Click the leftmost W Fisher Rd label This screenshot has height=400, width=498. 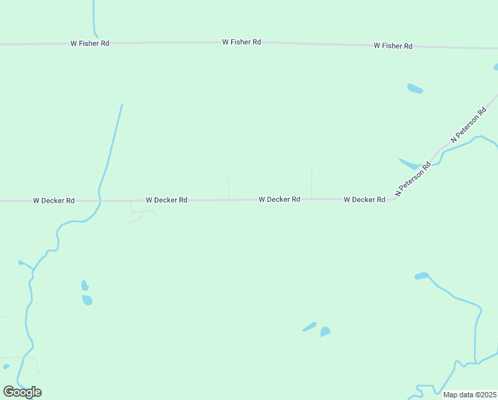pyautogui.click(x=90, y=43)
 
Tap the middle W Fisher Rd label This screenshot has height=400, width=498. pyautogui.click(x=241, y=42)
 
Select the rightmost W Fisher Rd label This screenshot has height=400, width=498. pyautogui.click(x=393, y=46)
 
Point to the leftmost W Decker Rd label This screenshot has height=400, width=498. pyautogui.click(x=53, y=200)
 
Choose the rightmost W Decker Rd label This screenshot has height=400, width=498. pyautogui.click(x=364, y=199)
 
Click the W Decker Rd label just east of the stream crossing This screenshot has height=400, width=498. pyautogui.click(x=166, y=199)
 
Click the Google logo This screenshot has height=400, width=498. pyautogui.click(x=22, y=392)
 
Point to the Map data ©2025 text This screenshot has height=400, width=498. pyautogui.click(x=469, y=395)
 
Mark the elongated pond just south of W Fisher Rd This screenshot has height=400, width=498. pyautogui.click(x=415, y=89)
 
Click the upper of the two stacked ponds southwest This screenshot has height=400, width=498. pyautogui.click(x=85, y=285)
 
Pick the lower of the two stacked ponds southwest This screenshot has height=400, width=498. pyautogui.click(x=87, y=300)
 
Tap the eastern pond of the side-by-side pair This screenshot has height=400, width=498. pyautogui.click(x=325, y=331)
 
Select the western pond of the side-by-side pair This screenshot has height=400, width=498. pyautogui.click(x=310, y=327)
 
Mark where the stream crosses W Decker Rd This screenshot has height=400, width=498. pyautogui.click(x=99, y=200)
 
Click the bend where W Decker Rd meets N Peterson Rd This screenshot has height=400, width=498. pyautogui.click(x=393, y=198)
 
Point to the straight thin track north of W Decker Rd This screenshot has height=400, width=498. pyautogui.click(x=312, y=181)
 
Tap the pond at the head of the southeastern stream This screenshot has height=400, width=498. pyautogui.click(x=421, y=275)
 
